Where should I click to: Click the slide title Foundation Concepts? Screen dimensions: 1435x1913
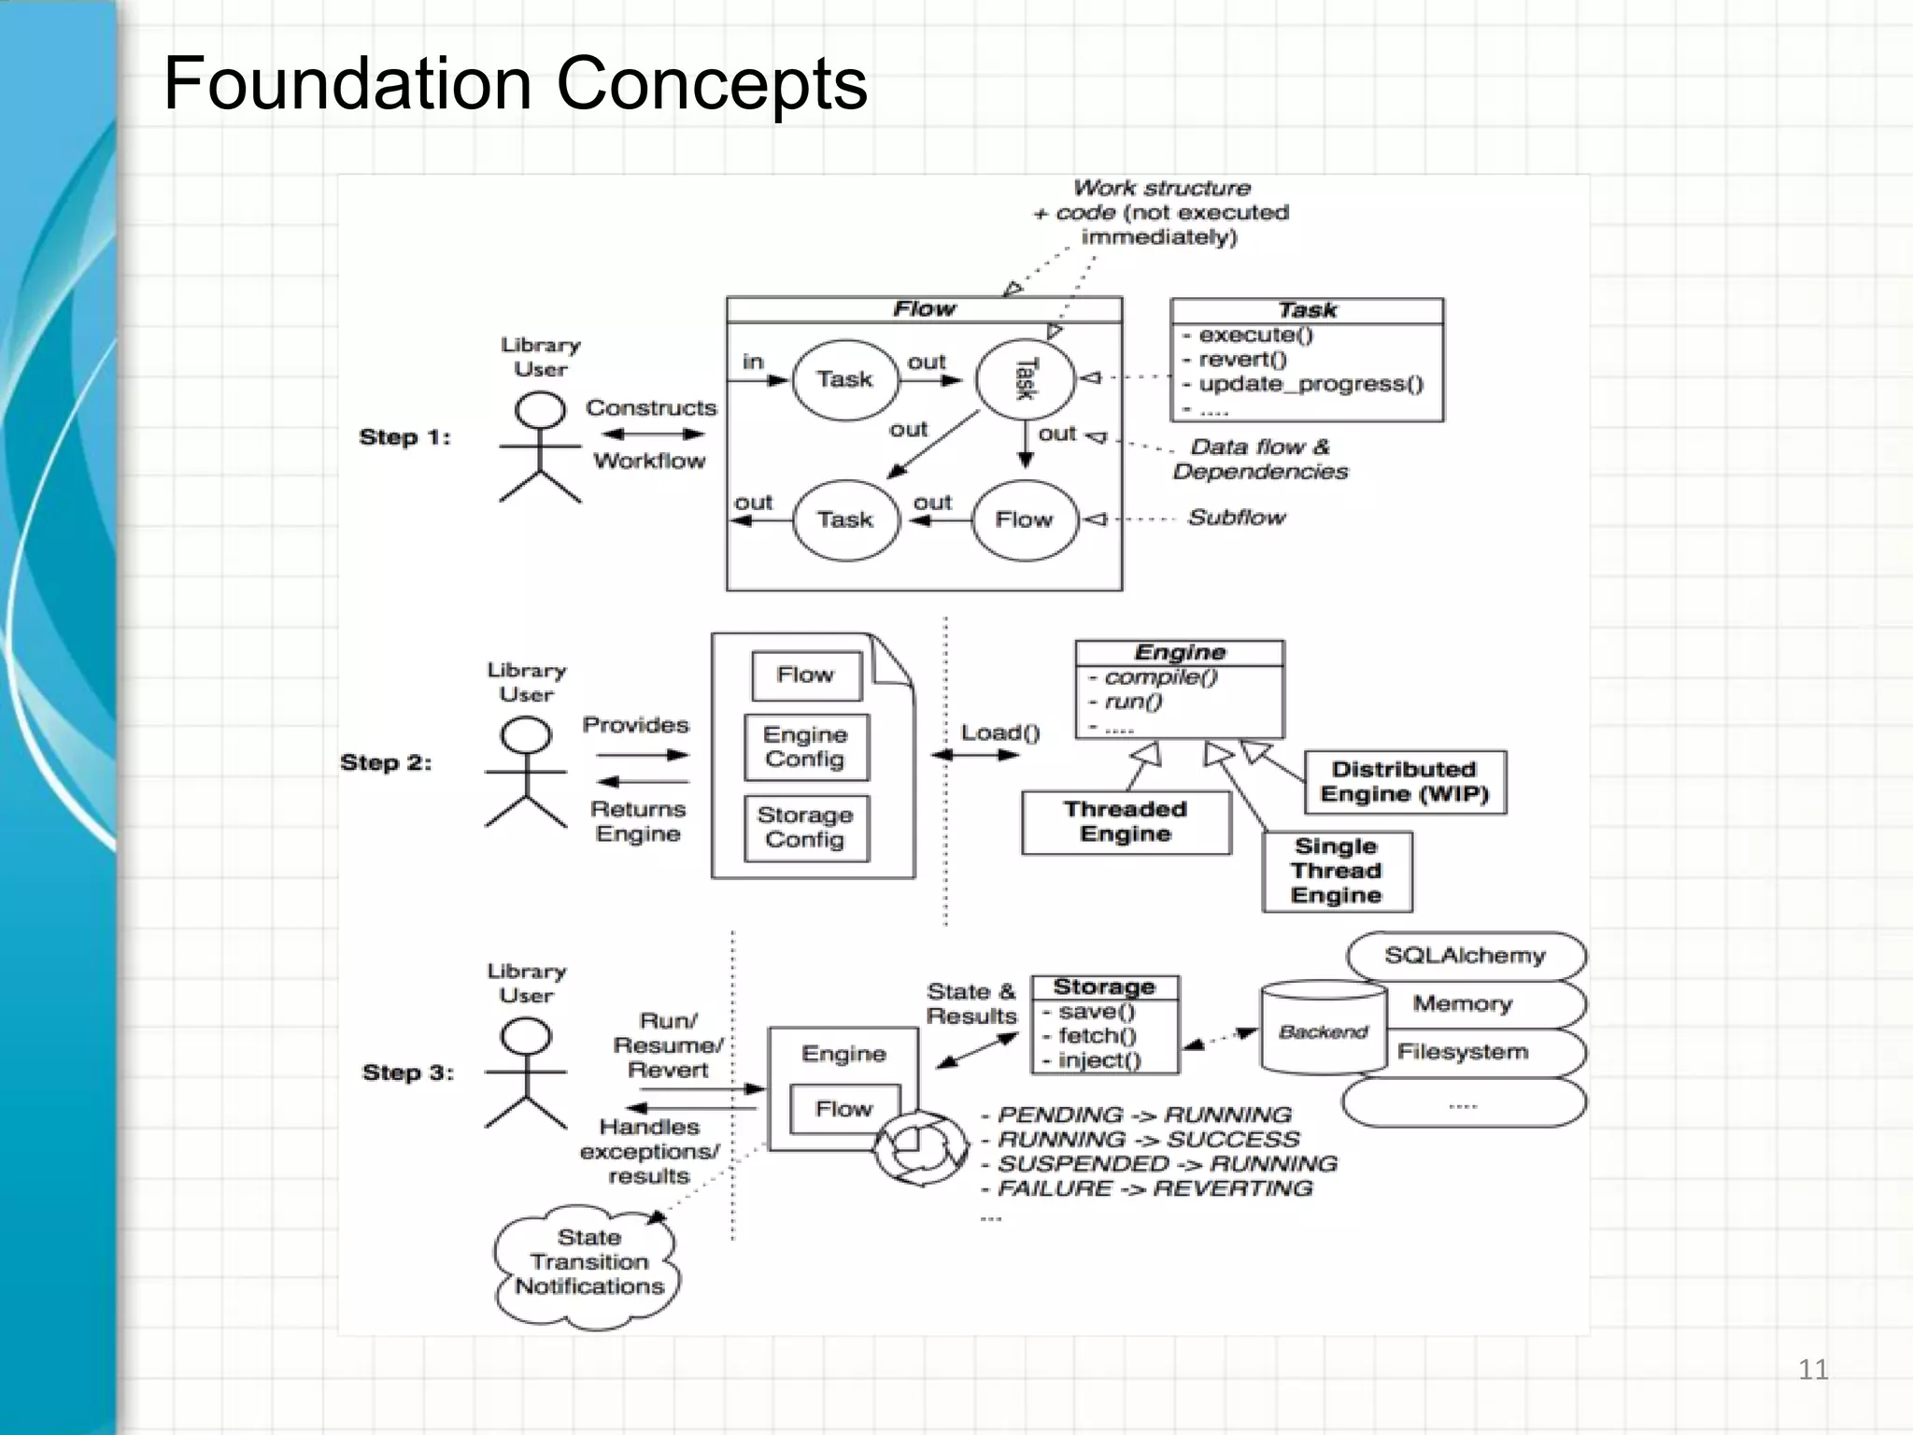515,83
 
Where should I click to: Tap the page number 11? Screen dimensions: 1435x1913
1812,1370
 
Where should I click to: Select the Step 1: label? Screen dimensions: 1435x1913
404,437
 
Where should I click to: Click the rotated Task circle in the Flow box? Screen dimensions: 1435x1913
1025,379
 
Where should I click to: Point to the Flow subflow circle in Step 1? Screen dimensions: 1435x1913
1025,519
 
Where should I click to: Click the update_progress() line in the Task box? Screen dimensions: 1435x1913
1310,384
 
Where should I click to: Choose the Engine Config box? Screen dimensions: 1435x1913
805,747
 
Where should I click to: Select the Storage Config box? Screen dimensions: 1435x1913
805,828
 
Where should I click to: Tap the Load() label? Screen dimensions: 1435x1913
999,732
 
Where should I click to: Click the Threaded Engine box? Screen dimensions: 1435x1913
1126,822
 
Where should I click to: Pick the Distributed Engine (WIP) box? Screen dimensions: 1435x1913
1404,782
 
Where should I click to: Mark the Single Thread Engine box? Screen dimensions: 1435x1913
1336,871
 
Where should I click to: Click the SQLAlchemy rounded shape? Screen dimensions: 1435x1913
1465,956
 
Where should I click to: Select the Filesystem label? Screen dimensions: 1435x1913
1463,1052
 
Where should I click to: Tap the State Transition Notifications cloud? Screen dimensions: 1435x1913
588,1262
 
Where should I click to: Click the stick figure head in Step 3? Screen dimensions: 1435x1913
526,1037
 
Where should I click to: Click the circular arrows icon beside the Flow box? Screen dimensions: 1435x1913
921,1147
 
